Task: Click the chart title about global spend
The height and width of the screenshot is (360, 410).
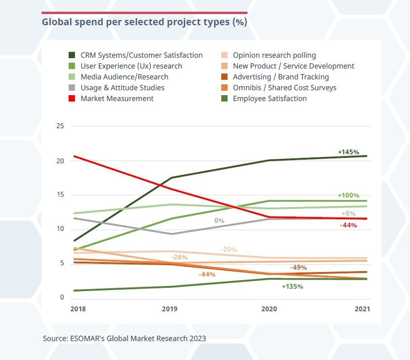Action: click(x=144, y=22)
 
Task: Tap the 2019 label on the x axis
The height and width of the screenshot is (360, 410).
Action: click(x=170, y=309)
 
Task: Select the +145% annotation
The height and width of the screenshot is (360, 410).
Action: click(x=349, y=152)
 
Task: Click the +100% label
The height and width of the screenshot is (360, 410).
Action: click(x=349, y=195)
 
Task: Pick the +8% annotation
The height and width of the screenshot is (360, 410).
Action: click(x=349, y=213)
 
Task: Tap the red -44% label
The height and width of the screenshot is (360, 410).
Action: click(x=349, y=225)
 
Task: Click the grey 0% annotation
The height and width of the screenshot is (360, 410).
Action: click(x=219, y=221)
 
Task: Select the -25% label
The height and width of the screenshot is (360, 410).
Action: click(x=229, y=249)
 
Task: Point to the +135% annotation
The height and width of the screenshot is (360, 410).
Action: click(x=292, y=286)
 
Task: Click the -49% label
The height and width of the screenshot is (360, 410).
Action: click(x=298, y=268)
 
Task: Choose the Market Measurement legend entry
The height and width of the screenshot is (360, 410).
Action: click(x=117, y=98)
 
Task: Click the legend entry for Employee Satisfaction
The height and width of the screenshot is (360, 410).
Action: click(x=270, y=98)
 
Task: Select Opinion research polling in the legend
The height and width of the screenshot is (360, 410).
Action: click(x=274, y=55)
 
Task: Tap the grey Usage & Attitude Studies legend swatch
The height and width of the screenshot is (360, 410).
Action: click(x=72, y=88)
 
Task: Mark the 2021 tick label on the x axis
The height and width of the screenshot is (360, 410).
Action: click(x=362, y=309)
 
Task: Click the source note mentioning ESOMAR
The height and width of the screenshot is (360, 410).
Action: click(x=125, y=338)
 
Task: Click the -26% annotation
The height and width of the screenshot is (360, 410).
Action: click(x=180, y=257)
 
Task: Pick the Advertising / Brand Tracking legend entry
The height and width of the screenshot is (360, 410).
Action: click(x=281, y=77)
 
